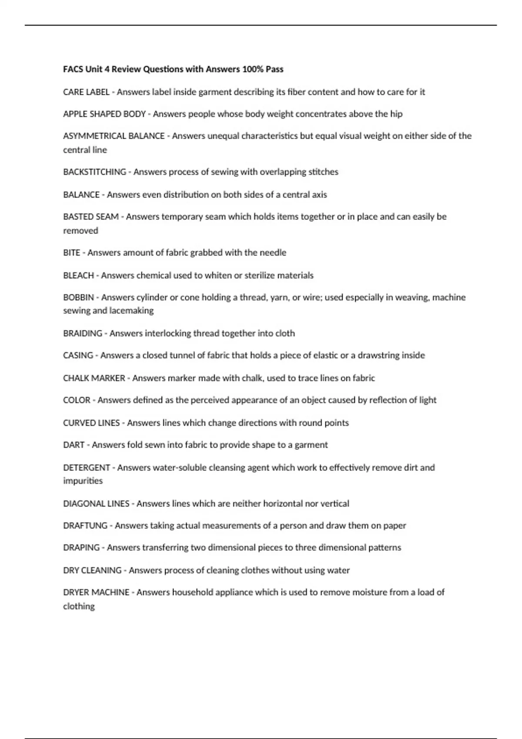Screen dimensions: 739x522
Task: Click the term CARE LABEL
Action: [x=86, y=92]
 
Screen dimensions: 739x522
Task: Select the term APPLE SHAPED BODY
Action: [x=104, y=114]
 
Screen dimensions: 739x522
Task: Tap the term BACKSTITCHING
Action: [x=94, y=172]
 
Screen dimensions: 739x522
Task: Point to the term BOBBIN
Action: [x=78, y=297]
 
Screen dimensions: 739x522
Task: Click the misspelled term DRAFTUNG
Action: [x=85, y=526]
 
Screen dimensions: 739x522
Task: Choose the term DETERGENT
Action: [x=87, y=468]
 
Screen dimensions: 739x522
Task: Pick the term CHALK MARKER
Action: [x=94, y=378]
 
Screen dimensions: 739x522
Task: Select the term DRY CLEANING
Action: [x=92, y=570]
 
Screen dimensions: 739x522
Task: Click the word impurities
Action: [x=83, y=481]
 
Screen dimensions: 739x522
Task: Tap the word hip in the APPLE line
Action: [x=396, y=114]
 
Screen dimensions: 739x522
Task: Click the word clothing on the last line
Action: [x=79, y=606]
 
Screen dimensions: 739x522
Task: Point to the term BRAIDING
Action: [x=82, y=333]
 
